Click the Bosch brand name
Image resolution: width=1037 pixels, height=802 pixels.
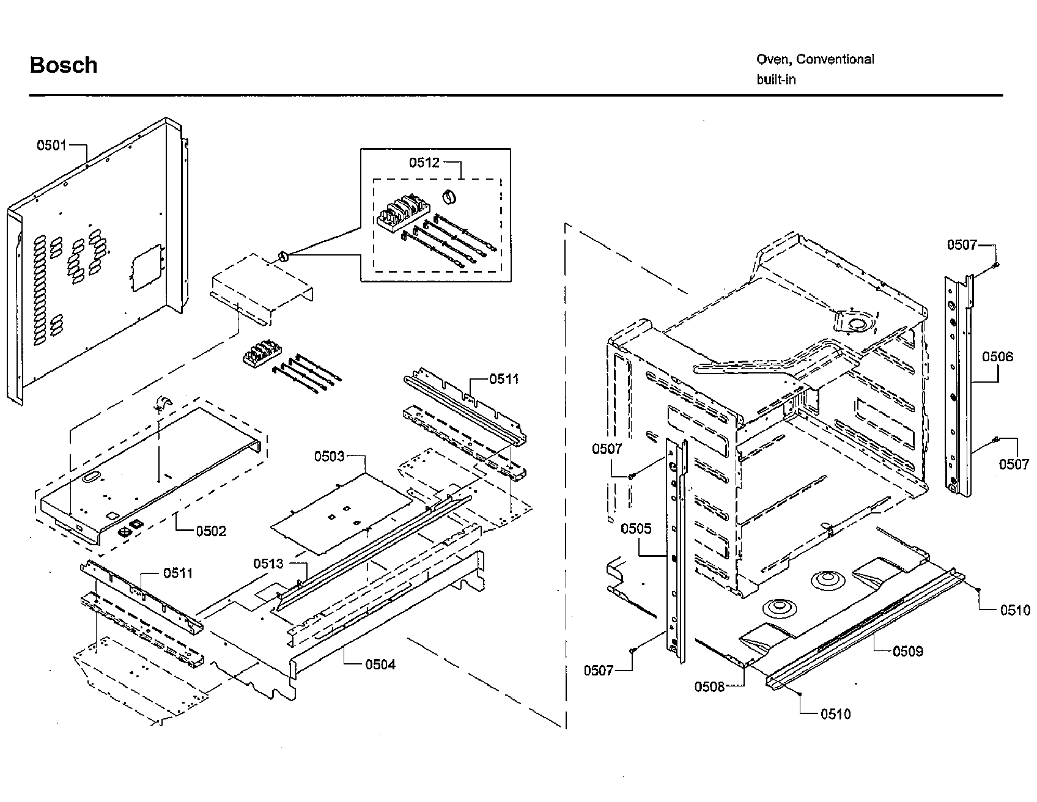pos(64,65)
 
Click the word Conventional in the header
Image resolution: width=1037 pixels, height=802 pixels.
pos(835,59)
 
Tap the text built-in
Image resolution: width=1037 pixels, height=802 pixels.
pos(776,79)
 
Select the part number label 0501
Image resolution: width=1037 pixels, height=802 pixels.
pos(51,145)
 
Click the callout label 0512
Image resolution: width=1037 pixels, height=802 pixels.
pos(424,163)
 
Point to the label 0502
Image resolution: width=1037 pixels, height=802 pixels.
pos(211,531)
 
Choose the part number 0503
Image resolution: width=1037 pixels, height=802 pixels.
pos(330,457)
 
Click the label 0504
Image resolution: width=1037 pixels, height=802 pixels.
pos(380,664)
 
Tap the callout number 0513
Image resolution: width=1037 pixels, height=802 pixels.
pos(269,564)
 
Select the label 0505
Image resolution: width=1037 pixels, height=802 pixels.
pos(637,529)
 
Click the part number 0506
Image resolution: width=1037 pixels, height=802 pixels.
pos(998,357)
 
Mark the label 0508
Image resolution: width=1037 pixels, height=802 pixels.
pos(709,687)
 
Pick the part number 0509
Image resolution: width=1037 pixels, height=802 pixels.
pos(908,652)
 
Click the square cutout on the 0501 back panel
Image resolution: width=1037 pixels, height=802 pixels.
pos(147,267)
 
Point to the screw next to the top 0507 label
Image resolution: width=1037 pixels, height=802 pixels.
pos(997,264)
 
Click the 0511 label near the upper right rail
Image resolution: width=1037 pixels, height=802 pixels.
pos(504,380)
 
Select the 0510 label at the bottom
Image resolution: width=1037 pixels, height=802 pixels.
pos(836,715)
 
